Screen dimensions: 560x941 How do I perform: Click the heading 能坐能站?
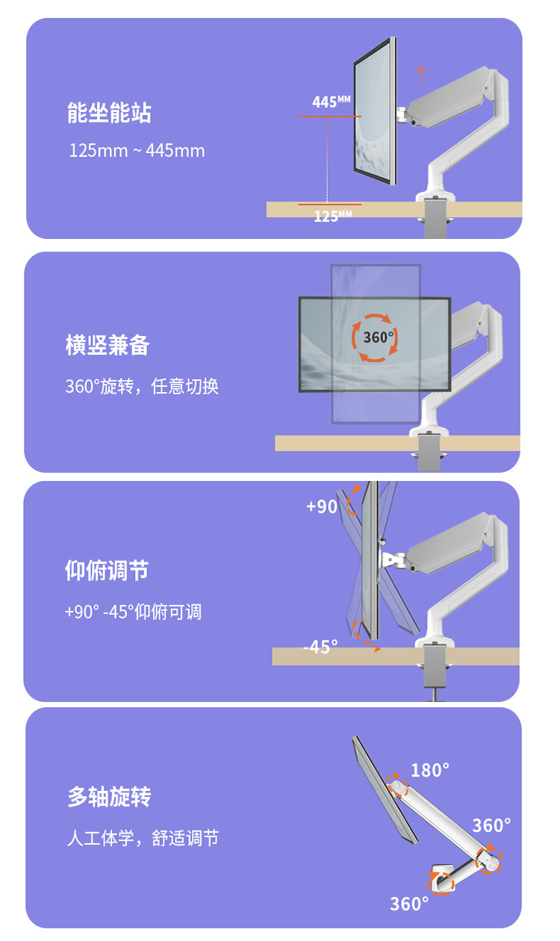coord(109,114)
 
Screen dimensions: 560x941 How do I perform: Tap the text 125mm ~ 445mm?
coord(137,151)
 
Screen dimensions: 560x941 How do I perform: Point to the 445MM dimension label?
coord(331,102)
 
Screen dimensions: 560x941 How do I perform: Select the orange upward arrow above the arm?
coord(422,75)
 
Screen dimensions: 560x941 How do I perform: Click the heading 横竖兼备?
coord(108,346)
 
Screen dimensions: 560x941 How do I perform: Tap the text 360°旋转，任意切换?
coord(142,387)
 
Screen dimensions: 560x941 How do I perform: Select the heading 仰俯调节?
coord(107,571)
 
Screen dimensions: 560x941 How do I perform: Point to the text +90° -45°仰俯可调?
coord(134,612)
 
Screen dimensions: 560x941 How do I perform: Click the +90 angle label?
coord(322,506)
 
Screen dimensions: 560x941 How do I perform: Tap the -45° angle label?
coord(320,647)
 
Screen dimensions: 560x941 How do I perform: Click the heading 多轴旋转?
coord(109,797)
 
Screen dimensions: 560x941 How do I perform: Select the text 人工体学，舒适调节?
coord(143,839)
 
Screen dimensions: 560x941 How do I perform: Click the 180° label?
coord(430,770)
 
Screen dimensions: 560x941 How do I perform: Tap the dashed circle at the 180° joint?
coord(398,786)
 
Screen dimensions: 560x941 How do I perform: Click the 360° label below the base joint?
coord(409,904)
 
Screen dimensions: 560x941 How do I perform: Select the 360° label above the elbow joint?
coord(491,825)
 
